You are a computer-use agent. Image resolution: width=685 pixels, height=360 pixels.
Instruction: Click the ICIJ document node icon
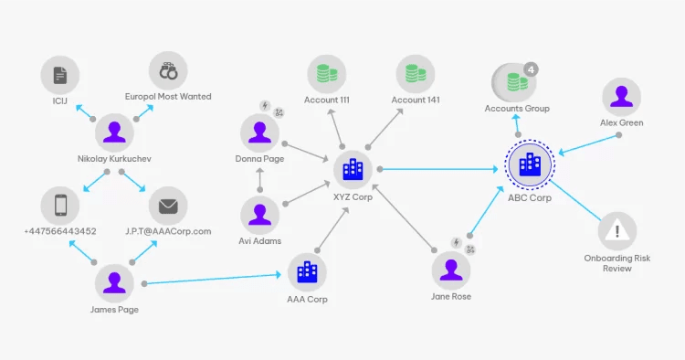pos(60,72)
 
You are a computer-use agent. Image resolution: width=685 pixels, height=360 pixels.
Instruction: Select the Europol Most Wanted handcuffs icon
pos(168,70)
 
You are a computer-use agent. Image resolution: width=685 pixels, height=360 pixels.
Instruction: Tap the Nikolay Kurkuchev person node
pos(114,132)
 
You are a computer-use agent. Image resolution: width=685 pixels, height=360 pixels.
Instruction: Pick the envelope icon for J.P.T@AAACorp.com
pos(168,206)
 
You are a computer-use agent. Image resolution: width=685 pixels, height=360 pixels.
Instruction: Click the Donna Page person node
pos(260,132)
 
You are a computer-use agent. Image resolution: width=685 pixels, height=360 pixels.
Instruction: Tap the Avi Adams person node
pos(260,215)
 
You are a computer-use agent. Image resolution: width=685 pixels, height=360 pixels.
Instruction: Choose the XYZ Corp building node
pos(352,168)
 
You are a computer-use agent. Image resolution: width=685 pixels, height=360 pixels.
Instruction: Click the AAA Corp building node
pos(307,270)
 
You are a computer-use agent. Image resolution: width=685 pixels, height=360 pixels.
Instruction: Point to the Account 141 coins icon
pos(415,72)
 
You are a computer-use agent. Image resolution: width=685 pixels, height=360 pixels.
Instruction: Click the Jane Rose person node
pos(451,270)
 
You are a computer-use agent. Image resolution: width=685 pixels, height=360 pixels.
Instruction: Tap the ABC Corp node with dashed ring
pos(530,165)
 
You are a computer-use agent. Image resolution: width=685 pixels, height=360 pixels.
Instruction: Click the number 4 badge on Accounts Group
pos(532,69)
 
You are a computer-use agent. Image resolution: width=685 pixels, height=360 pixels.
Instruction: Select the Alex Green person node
pos(621,96)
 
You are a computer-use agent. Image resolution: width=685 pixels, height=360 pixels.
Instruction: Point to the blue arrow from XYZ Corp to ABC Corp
pos(438,168)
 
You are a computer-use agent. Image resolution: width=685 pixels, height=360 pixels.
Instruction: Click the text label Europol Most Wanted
pos(168,97)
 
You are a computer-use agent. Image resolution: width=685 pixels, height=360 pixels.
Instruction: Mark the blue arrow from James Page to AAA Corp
pos(210,277)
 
